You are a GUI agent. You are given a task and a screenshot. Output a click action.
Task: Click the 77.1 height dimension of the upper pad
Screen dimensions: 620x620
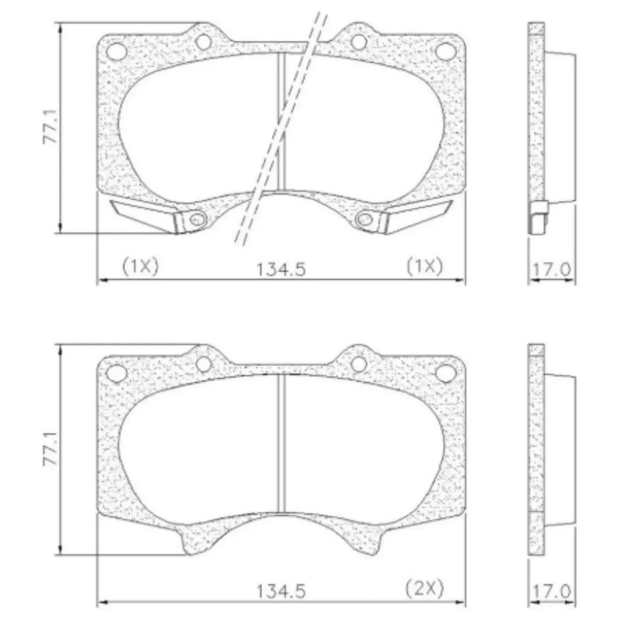click(51, 127)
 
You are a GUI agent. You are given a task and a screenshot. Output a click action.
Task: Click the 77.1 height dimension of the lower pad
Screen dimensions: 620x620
click(51, 448)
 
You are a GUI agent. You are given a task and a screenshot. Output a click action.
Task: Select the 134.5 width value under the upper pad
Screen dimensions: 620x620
click(281, 270)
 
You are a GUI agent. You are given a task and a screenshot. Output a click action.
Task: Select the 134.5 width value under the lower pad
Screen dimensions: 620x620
click(281, 591)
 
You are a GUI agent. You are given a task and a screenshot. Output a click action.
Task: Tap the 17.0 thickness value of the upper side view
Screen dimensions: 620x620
click(552, 270)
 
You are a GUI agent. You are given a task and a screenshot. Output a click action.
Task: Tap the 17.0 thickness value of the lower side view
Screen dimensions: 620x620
click(552, 591)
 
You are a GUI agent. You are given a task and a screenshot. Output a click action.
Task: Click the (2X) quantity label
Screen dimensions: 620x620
click(425, 588)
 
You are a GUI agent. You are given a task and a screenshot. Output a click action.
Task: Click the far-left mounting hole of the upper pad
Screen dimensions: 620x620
click(117, 51)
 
